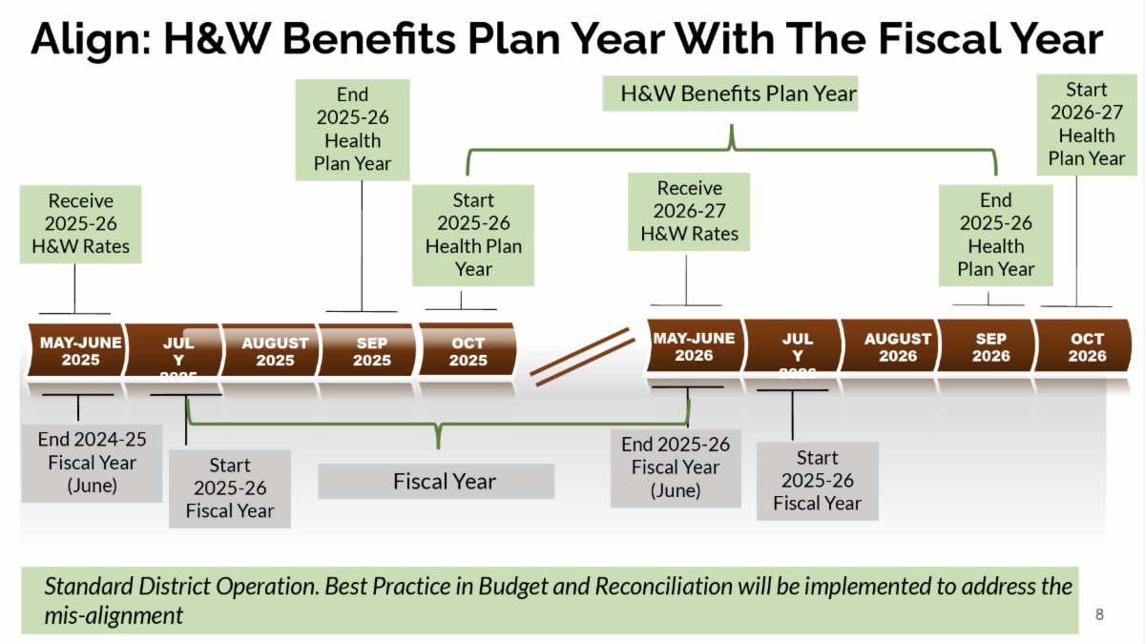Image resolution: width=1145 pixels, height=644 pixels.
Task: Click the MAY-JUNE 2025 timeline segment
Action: tap(80, 351)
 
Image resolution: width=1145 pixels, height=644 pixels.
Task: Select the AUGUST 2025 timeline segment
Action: tap(275, 351)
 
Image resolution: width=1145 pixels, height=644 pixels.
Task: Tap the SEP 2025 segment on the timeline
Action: tap(371, 351)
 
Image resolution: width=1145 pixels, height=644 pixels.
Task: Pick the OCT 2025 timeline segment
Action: tap(468, 351)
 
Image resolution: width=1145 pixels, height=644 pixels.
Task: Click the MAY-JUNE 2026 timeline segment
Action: tap(694, 347)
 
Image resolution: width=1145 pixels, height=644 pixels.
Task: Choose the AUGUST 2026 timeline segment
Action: tap(897, 347)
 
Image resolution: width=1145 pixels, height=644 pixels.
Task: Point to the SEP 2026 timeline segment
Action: tap(990, 347)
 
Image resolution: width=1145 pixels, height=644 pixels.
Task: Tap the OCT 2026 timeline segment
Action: tap(1087, 347)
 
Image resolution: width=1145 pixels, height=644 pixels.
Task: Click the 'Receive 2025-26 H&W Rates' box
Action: tap(81, 224)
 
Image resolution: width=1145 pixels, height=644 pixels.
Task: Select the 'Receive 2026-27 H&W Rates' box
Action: tap(689, 212)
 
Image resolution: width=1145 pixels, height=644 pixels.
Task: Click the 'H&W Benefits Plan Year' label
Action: tap(739, 94)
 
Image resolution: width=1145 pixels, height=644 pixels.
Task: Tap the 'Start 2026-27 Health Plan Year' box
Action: tap(1086, 125)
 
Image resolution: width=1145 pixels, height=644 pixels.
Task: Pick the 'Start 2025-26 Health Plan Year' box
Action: tap(473, 235)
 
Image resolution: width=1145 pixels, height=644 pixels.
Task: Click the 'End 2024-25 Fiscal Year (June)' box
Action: tap(92, 463)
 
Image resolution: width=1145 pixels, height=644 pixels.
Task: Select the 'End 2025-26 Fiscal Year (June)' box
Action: tap(676, 467)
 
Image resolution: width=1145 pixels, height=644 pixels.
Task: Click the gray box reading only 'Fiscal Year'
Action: tap(436, 481)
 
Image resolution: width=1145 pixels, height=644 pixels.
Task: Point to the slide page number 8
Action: tap(1099, 614)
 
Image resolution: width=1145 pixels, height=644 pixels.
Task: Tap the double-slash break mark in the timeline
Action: tap(582, 358)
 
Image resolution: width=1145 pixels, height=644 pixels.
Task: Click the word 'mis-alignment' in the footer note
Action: tap(114, 615)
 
